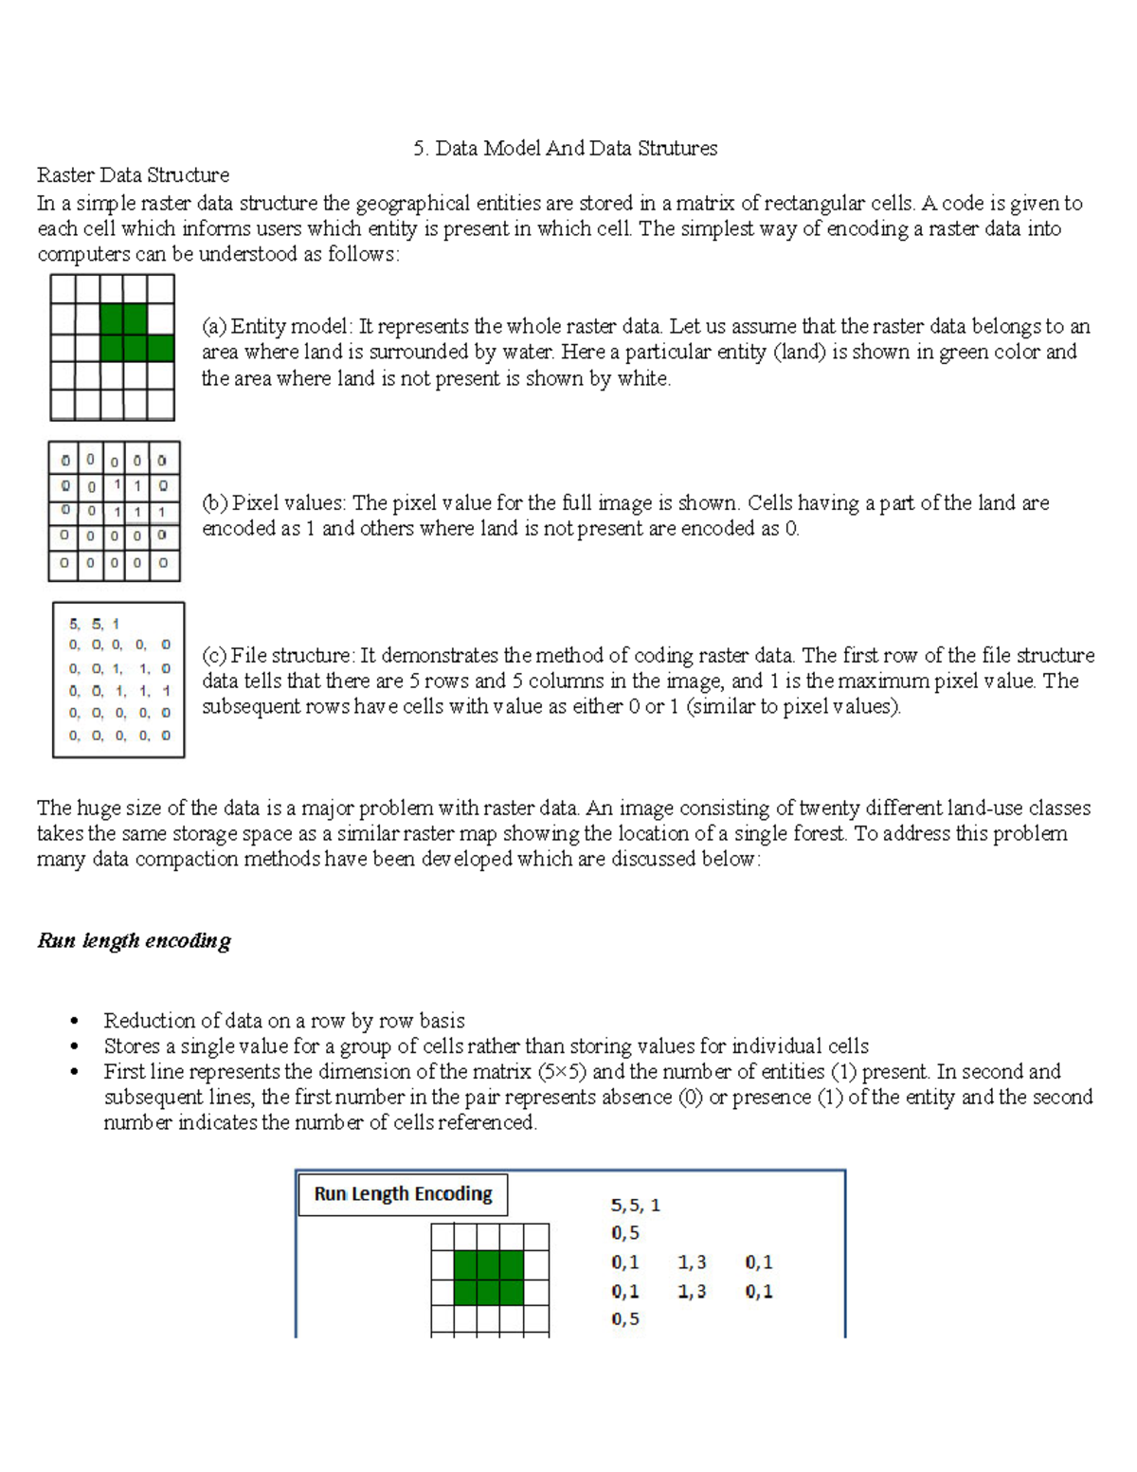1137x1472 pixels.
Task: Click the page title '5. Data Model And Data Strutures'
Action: (565, 149)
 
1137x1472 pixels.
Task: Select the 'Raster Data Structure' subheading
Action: (133, 175)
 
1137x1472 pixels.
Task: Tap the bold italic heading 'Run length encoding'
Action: (134, 941)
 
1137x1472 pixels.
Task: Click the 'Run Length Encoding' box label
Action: (403, 1194)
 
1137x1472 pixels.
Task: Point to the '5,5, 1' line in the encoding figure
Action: (635, 1206)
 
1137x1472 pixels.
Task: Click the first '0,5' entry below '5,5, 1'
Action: (625, 1233)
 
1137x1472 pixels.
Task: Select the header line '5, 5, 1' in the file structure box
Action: (94, 624)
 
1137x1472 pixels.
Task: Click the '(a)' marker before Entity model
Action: (213, 327)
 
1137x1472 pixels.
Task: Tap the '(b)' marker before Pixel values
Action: (214, 503)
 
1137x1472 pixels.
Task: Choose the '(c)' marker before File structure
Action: (213, 656)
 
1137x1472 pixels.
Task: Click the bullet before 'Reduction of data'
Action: (73, 1022)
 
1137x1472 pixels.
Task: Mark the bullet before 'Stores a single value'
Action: (73, 1047)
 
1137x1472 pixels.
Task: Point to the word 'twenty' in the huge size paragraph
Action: (830, 809)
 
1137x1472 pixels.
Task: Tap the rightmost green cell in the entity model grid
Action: (161, 348)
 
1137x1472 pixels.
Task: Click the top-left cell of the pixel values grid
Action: (64, 461)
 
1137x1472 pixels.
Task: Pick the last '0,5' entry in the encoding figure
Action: (625, 1319)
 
